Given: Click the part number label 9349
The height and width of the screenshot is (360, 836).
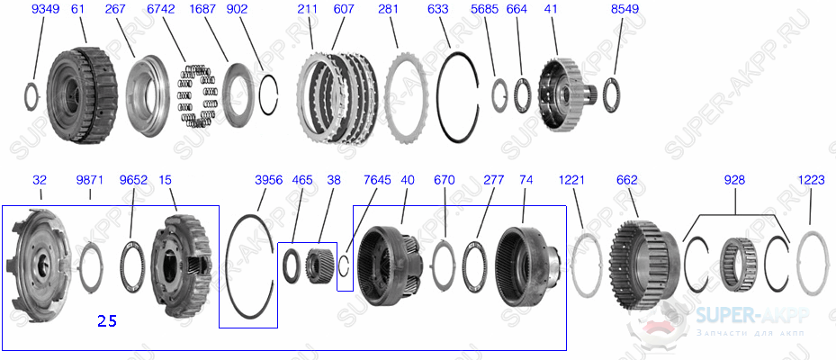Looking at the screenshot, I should point(45,10).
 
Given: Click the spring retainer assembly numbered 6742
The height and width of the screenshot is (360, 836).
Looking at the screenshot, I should point(198,94).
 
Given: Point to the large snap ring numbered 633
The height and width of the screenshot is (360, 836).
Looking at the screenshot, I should point(463,94).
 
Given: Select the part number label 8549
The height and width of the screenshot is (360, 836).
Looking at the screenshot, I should point(625,10).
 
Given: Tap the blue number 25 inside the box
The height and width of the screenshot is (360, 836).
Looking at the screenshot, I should point(107,319).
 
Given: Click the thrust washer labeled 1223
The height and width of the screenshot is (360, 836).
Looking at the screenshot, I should point(812,263).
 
